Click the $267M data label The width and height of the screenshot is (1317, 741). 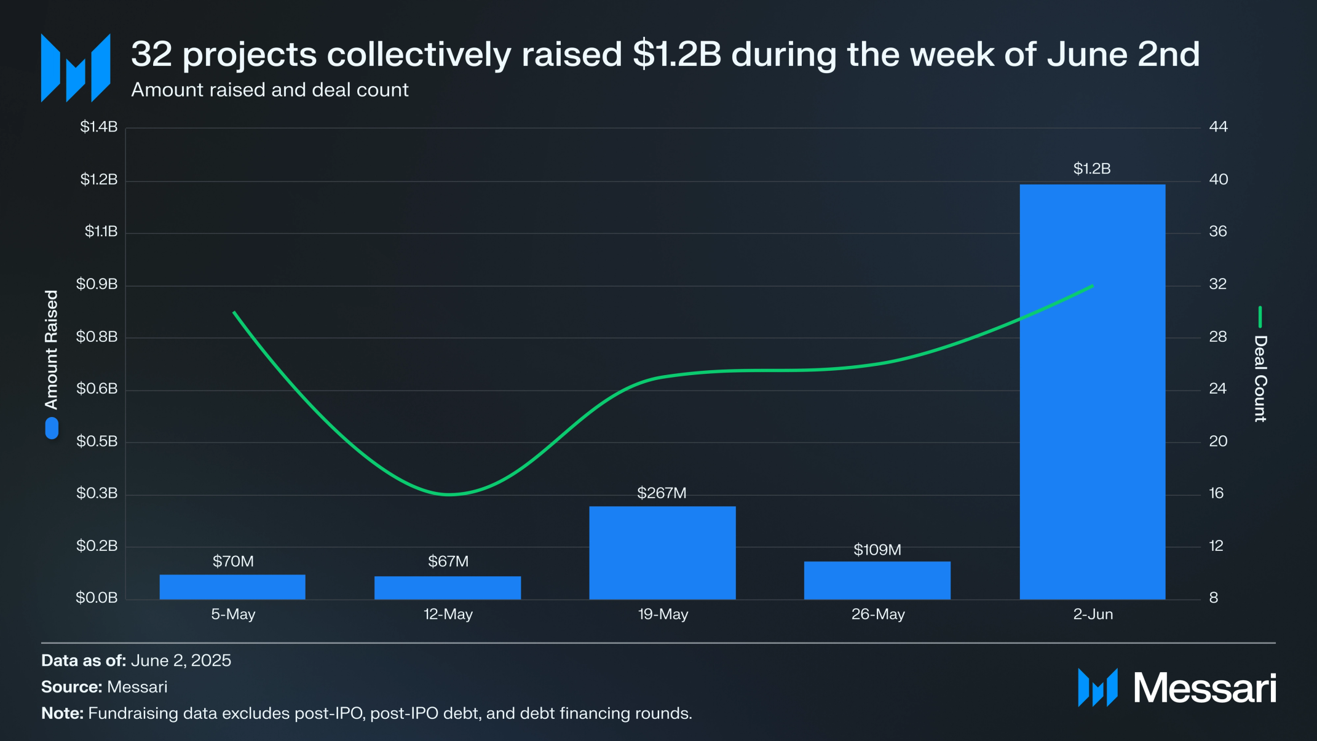click(x=662, y=493)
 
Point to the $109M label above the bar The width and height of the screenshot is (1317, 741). click(x=877, y=550)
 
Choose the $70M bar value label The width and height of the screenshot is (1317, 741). click(x=233, y=561)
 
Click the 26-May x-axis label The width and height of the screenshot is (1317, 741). click(x=878, y=614)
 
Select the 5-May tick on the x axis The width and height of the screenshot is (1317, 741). click(x=233, y=614)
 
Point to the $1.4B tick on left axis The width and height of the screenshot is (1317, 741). click(x=98, y=127)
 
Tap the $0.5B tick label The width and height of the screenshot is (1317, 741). click(x=97, y=442)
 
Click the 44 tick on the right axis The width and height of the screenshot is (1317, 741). click(x=1218, y=127)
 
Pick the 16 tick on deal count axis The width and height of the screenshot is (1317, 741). click(x=1216, y=493)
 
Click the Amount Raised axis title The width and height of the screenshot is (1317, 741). click(x=52, y=349)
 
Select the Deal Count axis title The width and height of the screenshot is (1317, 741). click(x=1260, y=378)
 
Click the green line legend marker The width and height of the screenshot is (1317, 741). click(x=1260, y=317)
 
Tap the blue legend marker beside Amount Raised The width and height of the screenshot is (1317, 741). click(x=52, y=428)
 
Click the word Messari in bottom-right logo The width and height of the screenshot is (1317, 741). click(x=1204, y=688)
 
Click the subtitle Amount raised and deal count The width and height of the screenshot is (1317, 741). click(x=270, y=90)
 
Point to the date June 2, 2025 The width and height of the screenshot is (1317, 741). click(x=181, y=660)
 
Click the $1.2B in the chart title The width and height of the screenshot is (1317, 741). click(x=676, y=54)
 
